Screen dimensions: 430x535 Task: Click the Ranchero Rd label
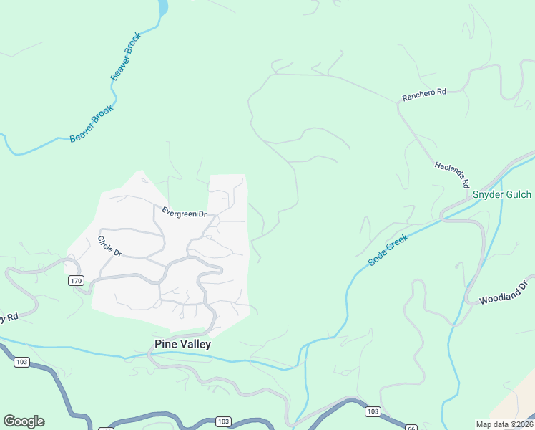tap(423, 92)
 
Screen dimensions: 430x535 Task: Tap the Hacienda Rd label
tap(451, 175)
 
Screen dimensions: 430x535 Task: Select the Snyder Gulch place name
tap(501, 194)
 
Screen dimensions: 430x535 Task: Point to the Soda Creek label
tap(388, 250)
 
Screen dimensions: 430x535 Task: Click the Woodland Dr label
tap(503, 292)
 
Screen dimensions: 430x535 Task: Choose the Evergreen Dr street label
tap(184, 213)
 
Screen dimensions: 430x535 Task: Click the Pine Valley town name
tap(183, 344)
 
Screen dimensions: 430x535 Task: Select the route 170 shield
tap(77, 280)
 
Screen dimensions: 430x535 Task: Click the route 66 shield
tap(411, 427)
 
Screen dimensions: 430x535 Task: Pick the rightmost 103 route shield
tap(372, 411)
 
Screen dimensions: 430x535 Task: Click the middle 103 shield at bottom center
tap(223, 421)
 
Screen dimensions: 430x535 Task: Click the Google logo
tap(24, 421)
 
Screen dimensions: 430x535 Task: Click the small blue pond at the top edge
tap(162, 7)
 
